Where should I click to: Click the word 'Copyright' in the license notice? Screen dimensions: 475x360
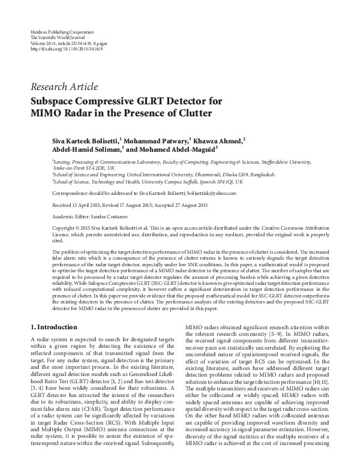65,245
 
